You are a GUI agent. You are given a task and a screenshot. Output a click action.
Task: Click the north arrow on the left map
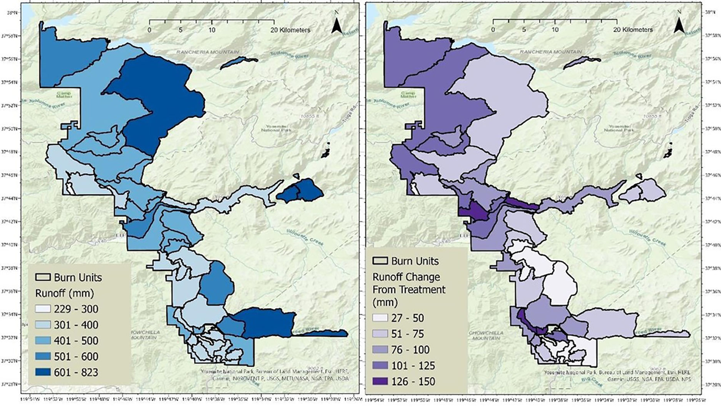(x=336, y=27)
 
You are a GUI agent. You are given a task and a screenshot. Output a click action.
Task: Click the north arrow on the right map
(x=679, y=26)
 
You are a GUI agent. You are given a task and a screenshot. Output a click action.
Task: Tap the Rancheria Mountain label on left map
(x=205, y=53)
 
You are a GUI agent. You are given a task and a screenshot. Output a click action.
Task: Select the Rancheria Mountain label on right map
(x=549, y=52)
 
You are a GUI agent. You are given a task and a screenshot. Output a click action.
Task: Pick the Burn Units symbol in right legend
(x=380, y=261)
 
